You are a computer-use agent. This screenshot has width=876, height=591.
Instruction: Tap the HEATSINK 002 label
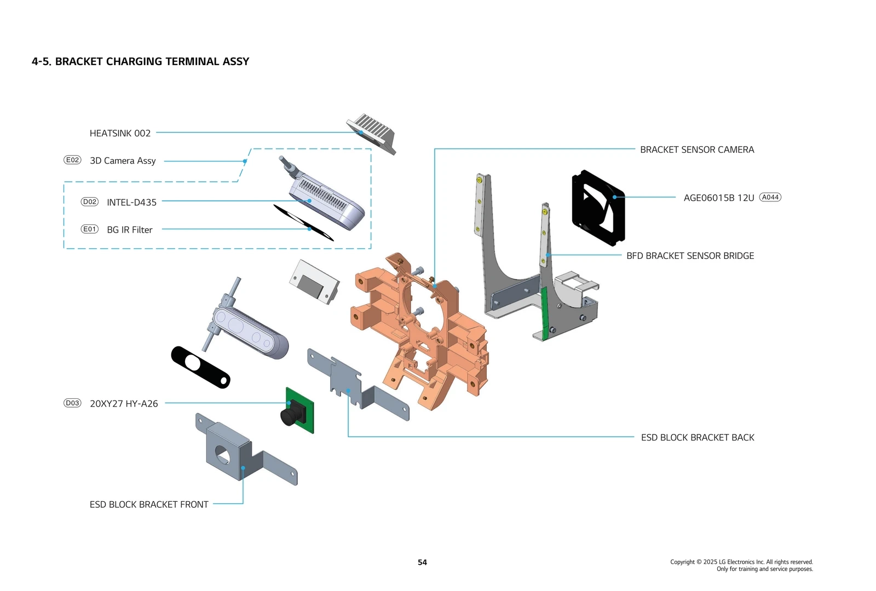click(x=120, y=133)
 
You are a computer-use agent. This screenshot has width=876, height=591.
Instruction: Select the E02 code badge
click(x=72, y=160)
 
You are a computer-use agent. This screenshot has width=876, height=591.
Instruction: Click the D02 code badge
click(x=89, y=201)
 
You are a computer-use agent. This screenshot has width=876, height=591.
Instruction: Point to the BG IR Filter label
click(x=130, y=230)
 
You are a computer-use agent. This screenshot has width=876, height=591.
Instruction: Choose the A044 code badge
click(x=770, y=197)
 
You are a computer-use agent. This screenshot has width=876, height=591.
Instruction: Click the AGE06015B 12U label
click(x=718, y=198)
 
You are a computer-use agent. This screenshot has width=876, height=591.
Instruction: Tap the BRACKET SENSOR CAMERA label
click(x=696, y=149)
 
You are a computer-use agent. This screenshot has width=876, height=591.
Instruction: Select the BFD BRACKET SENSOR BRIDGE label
click(x=690, y=256)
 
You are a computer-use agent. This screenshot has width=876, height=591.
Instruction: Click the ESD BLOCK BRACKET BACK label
click(x=697, y=437)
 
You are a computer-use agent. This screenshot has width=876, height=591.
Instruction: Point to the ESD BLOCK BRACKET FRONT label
click(x=149, y=505)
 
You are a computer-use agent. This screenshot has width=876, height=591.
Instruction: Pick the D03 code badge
click(x=72, y=403)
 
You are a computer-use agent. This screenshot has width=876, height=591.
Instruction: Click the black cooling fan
click(x=598, y=208)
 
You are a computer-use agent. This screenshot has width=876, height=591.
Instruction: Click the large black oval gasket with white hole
click(x=201, y=367)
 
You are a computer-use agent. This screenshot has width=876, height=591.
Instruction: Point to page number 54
click(x=422, y=562)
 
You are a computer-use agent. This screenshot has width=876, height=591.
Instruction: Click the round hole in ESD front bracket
click(x=222, y=455)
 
